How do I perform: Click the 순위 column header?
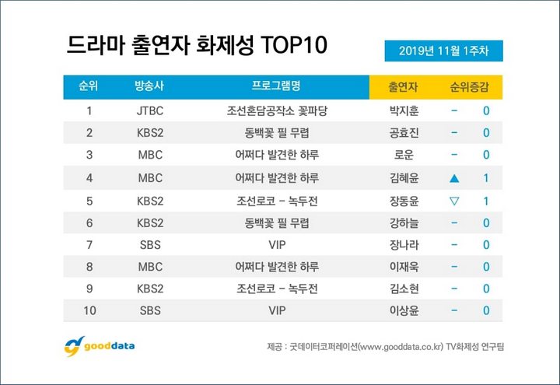(88, 86)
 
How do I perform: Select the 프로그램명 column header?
(276, 86)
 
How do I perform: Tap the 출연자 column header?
(403, 87)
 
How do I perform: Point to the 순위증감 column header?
(469, 87)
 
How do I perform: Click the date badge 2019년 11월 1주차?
(443, 51)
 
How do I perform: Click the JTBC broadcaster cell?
(150, 110)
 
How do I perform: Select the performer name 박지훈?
(404, 110)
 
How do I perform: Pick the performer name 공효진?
(404, 133)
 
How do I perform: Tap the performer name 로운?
(404, 155)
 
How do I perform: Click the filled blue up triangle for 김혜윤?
(454, 178)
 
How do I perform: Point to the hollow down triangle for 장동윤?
(454, 201)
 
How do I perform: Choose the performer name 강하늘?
(404, 223)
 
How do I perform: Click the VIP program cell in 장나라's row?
(277, 245)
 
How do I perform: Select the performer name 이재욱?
(404, 267)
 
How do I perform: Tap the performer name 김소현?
(404, 289)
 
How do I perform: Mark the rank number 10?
(89, 310)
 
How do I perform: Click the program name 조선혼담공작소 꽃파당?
(277, 110)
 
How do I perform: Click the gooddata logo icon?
(75, 346)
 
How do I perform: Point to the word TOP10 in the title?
(294, 45)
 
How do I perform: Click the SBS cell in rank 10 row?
(150, 310)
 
